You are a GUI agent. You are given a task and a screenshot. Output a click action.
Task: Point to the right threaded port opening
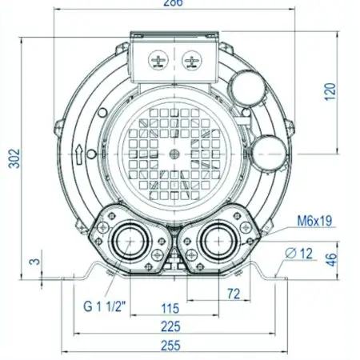pos(216,239)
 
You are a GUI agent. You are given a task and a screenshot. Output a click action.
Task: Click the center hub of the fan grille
pos(174,153)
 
